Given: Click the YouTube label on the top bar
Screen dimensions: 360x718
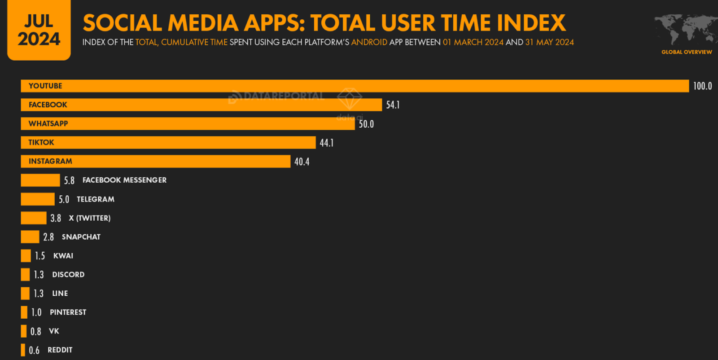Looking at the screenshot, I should pyautogui.click(x=45, y=86).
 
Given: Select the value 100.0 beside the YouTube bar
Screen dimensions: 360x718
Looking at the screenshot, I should pyautogui.click(x=702, y=86).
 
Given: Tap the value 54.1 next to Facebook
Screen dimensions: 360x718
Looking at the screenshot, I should pyautogui.click(x=393, y=105).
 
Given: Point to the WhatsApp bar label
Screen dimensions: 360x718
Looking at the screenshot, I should pyautogui.click(x=48, y=123).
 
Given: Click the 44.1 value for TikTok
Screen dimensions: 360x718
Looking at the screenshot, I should pyautogui.click(x=326, y=143).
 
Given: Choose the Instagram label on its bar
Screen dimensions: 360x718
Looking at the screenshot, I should pyautogui.click(x=50, y=161).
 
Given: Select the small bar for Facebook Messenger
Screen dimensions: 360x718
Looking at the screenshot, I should pyautogui.click(x=40, y=180).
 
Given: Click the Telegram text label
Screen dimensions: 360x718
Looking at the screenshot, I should pyautogui.click(x=95, y=199).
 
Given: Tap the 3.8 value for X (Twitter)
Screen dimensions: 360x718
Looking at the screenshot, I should pyautogui.click(x=56, y=218).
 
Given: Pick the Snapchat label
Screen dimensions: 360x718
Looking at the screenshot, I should pyautogui.click(x=81, y=237).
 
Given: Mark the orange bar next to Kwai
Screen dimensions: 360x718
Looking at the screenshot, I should pyautogui.click(x=26, y=256).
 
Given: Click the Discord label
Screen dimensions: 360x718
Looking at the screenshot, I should pyautogui.click(x=68, y=275).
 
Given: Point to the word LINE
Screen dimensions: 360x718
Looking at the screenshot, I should pyautogui.click(x=60, y=294).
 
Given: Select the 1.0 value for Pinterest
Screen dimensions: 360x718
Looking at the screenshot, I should pyautogui.click(x=36, y=312).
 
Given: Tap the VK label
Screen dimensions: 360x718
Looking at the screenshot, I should pyautogui.click(x=54, y=331).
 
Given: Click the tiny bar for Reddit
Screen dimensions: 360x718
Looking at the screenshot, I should pyautogui.click(x=23, y=350).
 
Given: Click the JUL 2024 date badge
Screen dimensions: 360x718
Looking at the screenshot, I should pyautogui.click(x=39, y=30).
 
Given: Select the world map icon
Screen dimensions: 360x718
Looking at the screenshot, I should pyautogui.click(x=686, y=28).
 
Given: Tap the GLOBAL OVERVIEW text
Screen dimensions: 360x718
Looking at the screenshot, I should pyautogui.click(x=686, y=52).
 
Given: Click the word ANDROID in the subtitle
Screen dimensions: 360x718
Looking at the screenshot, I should pyautogui.click(x=369, y=42).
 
